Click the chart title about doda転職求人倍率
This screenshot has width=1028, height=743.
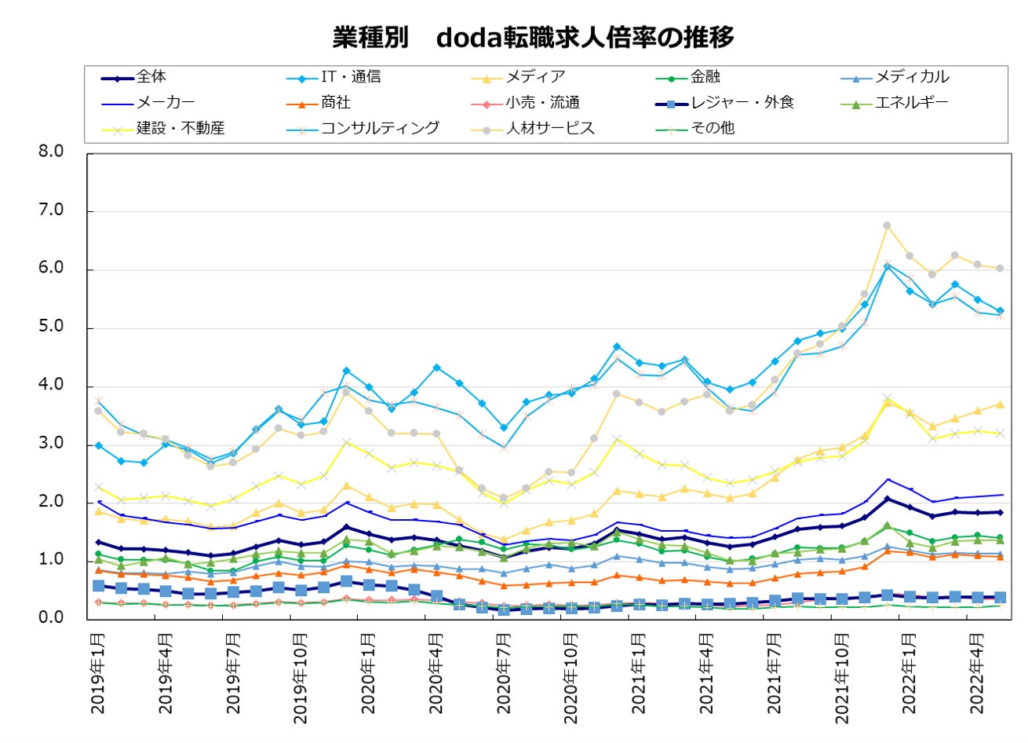coord(533,37)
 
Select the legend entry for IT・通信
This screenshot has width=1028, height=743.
coord(351,77)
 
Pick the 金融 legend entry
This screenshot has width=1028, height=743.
coord(705,77)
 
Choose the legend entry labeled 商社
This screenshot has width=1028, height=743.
coord(336,103)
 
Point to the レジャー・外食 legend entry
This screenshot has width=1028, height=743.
coord(742,103)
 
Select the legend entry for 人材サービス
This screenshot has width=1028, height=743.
coord(550,128)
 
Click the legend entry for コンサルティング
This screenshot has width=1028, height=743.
coord(380,128)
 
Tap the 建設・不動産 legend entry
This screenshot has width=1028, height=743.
coord(180,128)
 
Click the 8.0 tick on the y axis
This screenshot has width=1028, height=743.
coord(51,152)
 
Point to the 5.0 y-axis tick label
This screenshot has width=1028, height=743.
coord(51,327)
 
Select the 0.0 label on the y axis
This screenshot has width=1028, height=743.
coord(51,618)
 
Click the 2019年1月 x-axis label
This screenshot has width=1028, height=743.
coord(98,673)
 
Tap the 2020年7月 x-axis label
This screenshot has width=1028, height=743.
coord(504,673)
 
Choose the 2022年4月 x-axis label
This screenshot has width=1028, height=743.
coord(977,673)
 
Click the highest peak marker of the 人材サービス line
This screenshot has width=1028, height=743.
coord(887,225)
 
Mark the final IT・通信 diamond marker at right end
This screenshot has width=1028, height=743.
coord(1000,311)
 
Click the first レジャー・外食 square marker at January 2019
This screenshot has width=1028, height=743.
coord(99,586)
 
